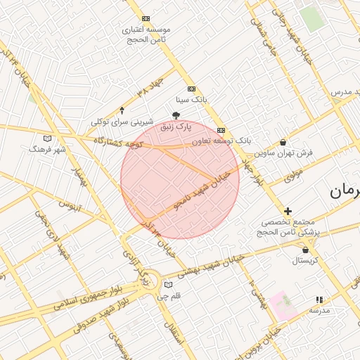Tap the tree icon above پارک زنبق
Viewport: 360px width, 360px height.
coord(176,115)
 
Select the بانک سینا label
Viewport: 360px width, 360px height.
coord(191,101)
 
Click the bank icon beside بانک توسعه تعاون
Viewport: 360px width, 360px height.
coord(221,130)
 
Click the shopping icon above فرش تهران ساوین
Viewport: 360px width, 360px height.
coord(283,142)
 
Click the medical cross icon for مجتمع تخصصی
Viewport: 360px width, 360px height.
coord(288,211)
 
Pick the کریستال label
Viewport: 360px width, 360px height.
coord(304,260)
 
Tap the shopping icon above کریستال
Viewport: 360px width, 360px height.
coord(305,249)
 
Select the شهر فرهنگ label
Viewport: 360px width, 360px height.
coord(47,149)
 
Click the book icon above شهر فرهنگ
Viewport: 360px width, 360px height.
coord(47,139)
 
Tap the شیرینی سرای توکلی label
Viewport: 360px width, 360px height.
coord(121,122)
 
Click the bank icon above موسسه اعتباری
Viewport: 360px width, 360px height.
coord(146,18)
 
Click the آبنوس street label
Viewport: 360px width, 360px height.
coord(70,207)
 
